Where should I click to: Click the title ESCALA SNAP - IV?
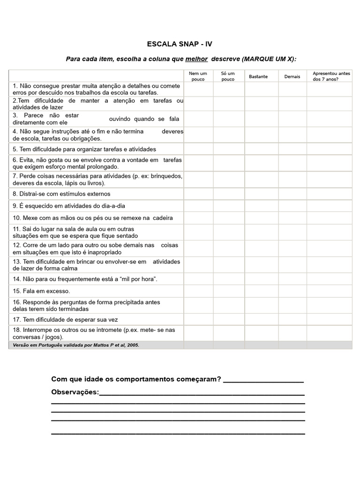(180, 44)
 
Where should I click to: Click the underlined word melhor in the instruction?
(196, 59)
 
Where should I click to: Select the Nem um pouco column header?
(198, 76)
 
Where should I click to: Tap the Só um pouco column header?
(228, 76)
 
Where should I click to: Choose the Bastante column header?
(258, 76)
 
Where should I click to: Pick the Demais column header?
(292, 76)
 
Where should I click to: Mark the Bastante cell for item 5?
(261, 149)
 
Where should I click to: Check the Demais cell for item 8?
(292, 194)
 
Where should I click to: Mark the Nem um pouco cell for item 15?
(198, 291)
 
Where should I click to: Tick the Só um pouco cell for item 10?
(229, 218)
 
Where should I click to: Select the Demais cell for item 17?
(292, 320)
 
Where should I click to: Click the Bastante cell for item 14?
(261, 279)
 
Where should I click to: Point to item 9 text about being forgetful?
(69, 206)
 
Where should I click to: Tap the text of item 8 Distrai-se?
(61, 194)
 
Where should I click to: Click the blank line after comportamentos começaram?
(263, 379)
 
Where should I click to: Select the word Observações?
(75, 392)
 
